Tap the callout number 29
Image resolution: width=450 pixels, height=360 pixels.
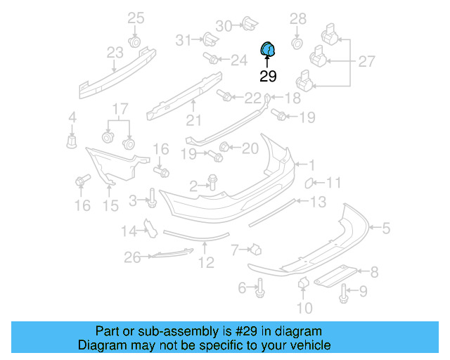pos(268,77)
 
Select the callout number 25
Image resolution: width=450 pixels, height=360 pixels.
pos(135,18)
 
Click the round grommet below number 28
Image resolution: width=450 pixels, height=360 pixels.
pos(297,44)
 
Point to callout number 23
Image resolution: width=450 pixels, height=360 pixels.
pos(115,52)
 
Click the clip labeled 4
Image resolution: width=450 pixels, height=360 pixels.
pos(71,141)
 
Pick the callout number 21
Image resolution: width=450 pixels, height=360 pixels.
pos(193,121)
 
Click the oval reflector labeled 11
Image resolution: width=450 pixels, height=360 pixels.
pos(307,184)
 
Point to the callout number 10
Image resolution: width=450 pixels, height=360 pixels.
pos(304,307)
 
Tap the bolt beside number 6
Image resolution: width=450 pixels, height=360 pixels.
pos(260,286)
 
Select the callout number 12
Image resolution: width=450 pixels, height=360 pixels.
pos(205,263)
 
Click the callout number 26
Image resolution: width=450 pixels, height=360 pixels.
pos(133,258)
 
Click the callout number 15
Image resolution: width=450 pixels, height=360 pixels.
pos(111,205)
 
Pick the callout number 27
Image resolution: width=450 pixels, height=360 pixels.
pos(367,61)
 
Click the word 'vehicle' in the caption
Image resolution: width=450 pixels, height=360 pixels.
pos(308,345)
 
